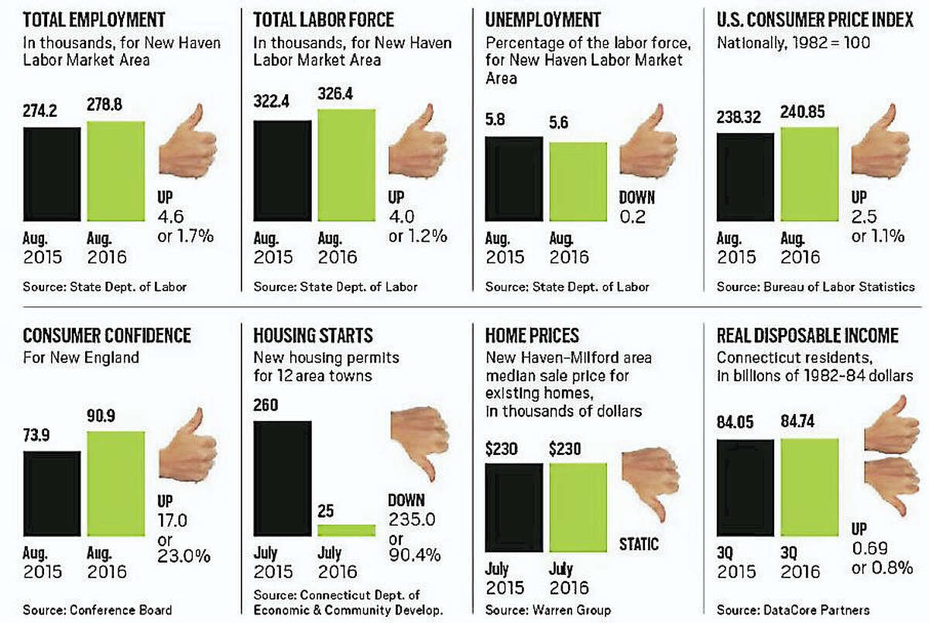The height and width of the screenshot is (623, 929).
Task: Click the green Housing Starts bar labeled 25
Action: click(346, 531)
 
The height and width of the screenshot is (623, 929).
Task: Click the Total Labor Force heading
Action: click(324, 19)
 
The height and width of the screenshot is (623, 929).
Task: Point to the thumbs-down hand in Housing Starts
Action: click(420, 441)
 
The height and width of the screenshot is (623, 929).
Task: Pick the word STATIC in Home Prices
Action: click(638, 543)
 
